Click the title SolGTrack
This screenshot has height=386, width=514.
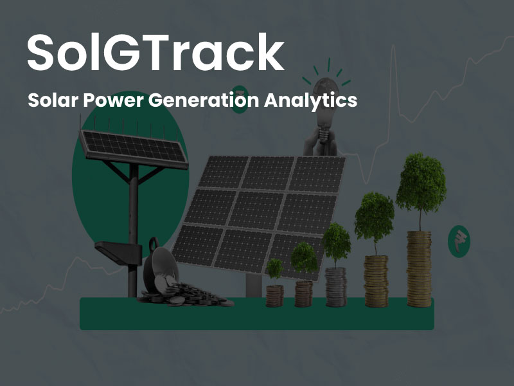point(155,52)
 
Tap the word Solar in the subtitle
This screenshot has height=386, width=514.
point(53,100)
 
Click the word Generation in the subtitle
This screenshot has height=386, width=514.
point(204,100)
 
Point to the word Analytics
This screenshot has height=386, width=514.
point(310,100)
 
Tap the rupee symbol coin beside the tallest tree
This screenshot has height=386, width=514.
point(459,241)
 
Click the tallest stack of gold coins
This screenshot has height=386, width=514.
point(419,269)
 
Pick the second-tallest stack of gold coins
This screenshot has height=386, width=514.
point(376,281)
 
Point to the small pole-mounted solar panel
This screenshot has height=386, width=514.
point(134,149)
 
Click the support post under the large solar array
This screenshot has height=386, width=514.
point(254,285)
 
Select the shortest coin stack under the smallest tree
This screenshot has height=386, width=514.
point(274,296)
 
